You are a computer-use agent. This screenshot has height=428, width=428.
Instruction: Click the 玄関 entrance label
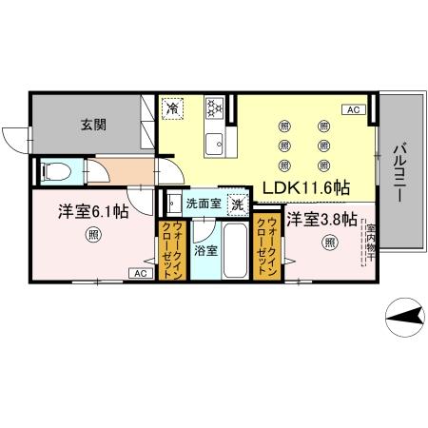91,123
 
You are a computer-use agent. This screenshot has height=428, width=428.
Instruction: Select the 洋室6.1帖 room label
92,211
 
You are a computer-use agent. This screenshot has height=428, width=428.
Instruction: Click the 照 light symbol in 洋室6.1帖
91,235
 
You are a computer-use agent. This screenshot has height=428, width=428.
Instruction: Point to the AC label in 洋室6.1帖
139,274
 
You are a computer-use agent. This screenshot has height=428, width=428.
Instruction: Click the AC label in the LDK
353,110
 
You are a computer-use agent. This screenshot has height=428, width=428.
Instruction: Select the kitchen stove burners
214,109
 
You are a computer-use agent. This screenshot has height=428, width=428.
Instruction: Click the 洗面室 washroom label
203,203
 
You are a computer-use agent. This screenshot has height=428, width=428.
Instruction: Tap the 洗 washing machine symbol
238,203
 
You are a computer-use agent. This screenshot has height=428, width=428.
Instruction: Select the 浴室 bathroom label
204,251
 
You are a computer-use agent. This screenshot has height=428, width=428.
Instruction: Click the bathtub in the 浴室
235,249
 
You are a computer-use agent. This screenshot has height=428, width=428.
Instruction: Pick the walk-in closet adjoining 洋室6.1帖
172,249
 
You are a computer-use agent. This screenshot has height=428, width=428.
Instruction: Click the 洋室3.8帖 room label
321,220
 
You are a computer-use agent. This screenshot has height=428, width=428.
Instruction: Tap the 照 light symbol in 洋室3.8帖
329,243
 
